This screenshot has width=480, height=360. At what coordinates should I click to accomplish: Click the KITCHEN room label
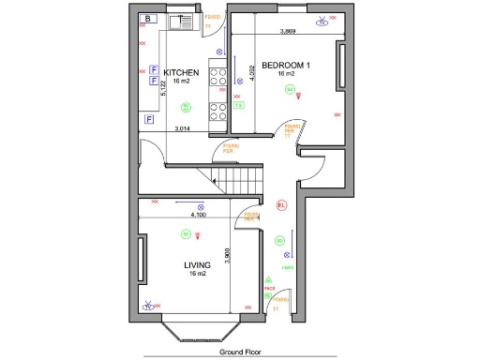180,72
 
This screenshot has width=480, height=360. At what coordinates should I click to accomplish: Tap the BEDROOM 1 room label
286,66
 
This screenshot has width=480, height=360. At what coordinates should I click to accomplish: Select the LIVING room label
197,265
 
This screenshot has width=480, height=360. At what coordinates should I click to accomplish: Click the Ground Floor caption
239,352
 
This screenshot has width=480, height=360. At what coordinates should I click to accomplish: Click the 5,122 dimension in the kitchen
164,89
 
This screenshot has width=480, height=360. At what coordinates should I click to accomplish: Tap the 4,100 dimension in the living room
198,215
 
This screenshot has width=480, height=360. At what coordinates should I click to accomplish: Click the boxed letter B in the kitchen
147,18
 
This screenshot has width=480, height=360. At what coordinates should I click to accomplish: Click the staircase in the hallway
240,175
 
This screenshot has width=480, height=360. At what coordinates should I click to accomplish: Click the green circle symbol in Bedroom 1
291,90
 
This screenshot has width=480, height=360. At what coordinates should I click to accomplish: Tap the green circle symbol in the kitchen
186,106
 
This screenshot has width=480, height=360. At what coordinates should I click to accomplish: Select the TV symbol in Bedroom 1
323,22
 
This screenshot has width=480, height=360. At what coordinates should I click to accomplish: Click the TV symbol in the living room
147,305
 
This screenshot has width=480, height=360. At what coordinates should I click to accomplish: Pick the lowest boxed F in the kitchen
150,119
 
